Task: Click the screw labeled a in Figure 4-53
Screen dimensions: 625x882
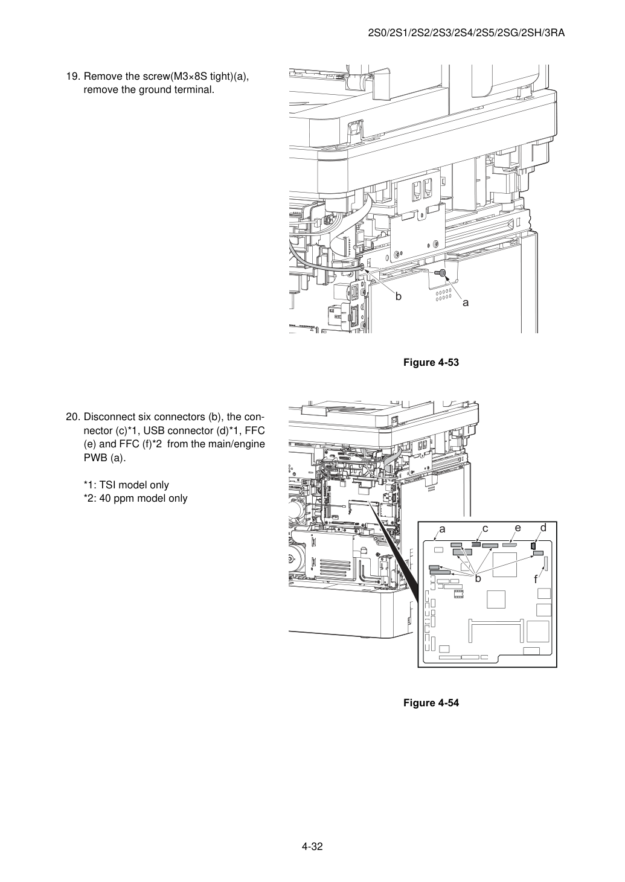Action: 441,272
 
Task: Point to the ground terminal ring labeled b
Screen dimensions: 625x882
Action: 362,267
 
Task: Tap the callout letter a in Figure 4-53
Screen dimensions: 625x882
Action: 466,303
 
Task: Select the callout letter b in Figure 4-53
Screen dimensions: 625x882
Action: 399,296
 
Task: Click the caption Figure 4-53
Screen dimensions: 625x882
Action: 431,362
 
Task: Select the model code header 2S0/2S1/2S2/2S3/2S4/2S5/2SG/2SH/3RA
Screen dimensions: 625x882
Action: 466,33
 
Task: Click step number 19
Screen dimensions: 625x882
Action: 72,76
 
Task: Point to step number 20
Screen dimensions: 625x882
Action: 72,417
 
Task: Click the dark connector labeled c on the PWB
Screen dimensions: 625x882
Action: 476,545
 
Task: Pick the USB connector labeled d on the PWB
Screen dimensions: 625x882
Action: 533,546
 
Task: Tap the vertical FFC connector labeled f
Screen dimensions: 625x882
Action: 546,563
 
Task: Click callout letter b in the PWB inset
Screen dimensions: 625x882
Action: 478,578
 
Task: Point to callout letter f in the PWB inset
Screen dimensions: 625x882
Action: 536,580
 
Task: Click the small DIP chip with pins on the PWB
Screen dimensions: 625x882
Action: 458,595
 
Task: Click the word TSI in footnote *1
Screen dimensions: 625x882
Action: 106,485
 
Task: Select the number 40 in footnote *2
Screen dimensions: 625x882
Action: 104,499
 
